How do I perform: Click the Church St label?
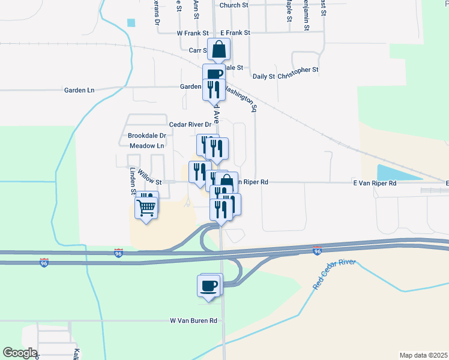point(234,5)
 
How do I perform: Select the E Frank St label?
point(235,33)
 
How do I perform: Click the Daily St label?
point(264,77)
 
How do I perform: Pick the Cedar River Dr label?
point(190,125)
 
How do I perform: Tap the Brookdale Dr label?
point(146,136)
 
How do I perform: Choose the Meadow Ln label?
point(146,146)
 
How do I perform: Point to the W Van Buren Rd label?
point(193,321)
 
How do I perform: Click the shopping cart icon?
point(147,208)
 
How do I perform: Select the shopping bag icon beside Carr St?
point(219,49)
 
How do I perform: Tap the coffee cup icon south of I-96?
point(209,286)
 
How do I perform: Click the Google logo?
point(20,353)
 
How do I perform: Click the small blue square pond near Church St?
point(131,23)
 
